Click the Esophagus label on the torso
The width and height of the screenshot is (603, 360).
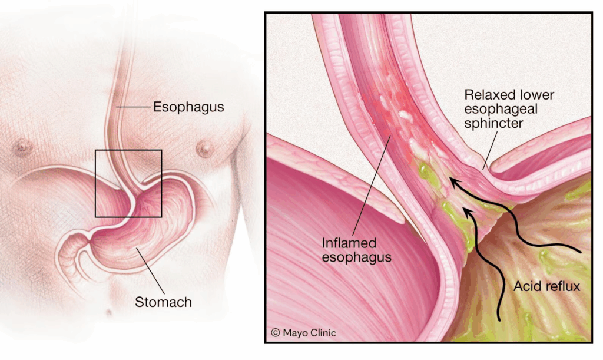(x=188, y=107)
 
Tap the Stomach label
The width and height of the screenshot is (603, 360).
(x=163, y=302)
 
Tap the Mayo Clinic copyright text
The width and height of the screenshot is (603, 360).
(x=303, y=333)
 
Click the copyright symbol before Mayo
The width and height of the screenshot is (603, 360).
(x=275, y=333)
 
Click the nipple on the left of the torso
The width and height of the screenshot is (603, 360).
(x=24, y=146)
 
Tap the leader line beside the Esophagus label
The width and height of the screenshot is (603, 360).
(x=134, y=107)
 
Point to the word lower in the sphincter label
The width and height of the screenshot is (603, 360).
(x=536, y=94)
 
